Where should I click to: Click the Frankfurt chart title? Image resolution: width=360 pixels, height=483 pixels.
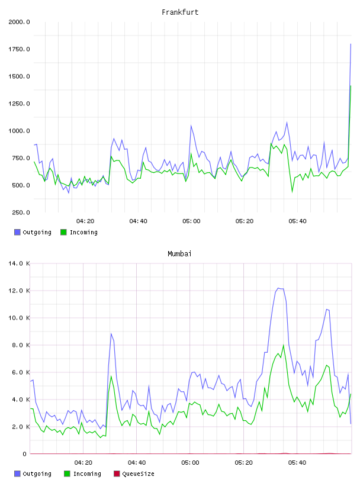(x=180, y=12)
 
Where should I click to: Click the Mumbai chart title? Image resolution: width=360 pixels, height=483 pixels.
(x=179, y=254)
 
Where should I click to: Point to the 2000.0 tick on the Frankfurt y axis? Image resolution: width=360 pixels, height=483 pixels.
(x=19, y=22)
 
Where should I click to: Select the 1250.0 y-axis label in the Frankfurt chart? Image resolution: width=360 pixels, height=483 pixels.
(x=19, y=104)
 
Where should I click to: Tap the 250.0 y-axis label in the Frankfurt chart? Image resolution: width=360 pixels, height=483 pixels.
(x=21, y=212)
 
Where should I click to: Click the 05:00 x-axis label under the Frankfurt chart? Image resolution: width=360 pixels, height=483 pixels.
(x=191, y=221)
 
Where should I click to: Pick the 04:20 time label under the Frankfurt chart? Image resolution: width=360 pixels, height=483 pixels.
(x=85, y=221)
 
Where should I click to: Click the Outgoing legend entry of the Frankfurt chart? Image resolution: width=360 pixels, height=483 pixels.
(x=33, y=232)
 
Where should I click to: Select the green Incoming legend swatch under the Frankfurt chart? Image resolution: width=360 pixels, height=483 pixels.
(x=63, y=232)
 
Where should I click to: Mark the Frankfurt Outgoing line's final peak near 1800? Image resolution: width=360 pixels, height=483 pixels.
(x=351, y=44)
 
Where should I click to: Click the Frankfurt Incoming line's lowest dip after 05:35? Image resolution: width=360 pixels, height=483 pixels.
(x=292, y=192)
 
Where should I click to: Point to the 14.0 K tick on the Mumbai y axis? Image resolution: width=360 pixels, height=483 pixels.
(x=19, y=263)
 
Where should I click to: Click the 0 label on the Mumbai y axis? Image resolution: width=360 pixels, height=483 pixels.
(x=25, y=454)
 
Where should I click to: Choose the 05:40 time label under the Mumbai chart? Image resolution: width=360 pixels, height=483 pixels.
(x=297, y=463)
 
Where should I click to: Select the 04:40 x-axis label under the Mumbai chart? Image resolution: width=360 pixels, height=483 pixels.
(x=137, y=463)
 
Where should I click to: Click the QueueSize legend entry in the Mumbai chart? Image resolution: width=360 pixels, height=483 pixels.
(x=134, y=474)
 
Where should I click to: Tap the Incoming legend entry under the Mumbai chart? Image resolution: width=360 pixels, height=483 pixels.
(x=83, y=474)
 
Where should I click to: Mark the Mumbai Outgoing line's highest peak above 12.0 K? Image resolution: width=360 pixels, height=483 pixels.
(x=278, y=288)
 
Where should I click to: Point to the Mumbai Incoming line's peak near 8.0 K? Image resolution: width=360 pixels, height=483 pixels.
(x=284, y=345)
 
